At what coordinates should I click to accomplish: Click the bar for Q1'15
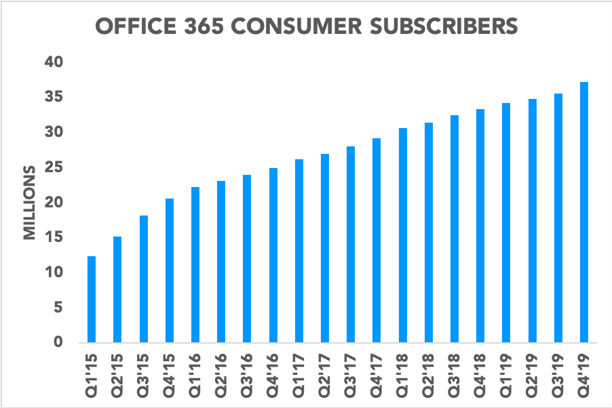coord(92,300)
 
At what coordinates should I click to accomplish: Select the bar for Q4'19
coord(584,213)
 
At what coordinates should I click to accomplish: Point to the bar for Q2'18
coord(428,233)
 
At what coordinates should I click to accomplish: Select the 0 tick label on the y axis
coord(58,342)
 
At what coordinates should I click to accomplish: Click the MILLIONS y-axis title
coord(30,202)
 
